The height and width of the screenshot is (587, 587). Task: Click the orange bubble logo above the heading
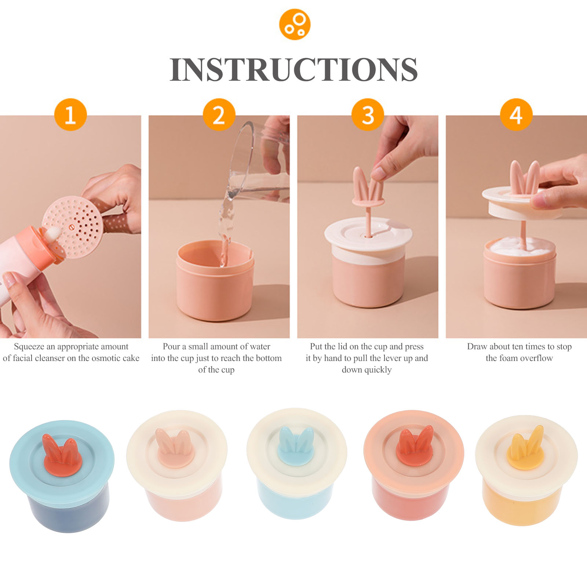pyautogui.click(x=295, y=25)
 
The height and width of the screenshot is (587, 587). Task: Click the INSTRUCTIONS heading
pyautogui.click(x=293, y=70)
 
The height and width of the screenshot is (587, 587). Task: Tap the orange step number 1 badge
pyautogui.click(x=70, y=114)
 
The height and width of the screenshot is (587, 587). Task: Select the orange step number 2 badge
pyautogui.click(x=219, y=114)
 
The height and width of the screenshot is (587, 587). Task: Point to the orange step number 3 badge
pyautogui.click(x=368, y=114)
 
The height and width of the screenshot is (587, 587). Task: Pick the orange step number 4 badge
pyautogui.click(x=516, y=114)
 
